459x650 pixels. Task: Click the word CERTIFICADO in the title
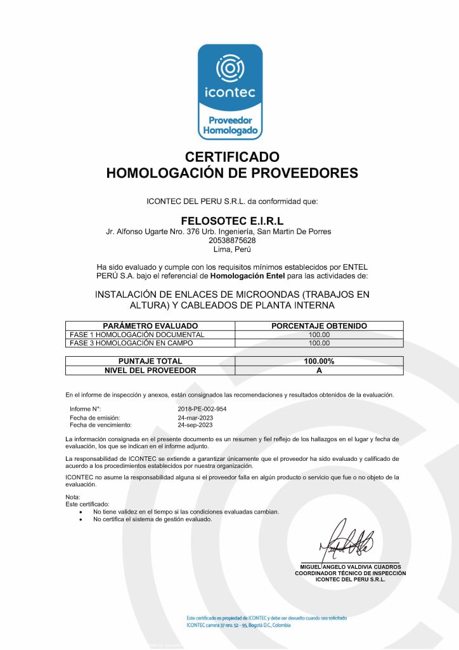231,156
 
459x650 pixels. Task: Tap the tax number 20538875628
231,241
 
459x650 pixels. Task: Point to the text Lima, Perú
231,249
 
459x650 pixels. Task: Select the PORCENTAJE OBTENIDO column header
319,326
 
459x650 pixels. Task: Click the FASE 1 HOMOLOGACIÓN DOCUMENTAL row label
137,335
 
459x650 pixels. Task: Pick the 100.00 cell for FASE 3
319,343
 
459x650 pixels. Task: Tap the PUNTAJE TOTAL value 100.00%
319,361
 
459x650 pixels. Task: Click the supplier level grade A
319,370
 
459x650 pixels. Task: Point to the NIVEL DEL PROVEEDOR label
150,370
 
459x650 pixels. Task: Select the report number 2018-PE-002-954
202,409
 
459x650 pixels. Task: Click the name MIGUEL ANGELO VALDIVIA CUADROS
350,567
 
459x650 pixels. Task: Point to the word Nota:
73,496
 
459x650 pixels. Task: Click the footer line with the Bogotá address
238,625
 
